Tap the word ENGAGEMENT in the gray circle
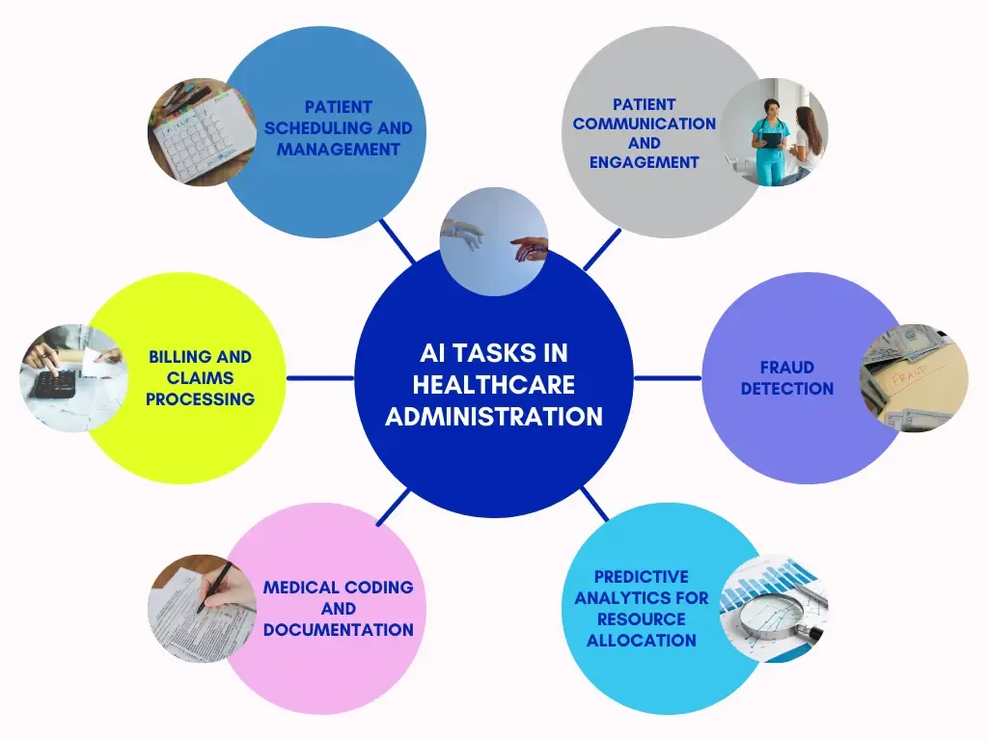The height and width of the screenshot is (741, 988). coord(644,162)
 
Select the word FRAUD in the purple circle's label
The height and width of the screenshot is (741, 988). coord(787,368)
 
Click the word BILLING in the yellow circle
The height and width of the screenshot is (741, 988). coord(176,357)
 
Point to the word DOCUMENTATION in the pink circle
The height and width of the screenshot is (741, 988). coord(339,629)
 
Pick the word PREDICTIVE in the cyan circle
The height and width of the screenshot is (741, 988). coord(642,577)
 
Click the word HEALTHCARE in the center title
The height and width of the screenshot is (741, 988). coord(494,384)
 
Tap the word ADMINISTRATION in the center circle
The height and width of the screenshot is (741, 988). coord(494,417)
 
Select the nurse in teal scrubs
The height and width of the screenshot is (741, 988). coord(769,142)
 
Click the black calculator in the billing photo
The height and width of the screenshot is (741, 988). coord(55,384)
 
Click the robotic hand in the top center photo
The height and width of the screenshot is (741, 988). coord(464,233)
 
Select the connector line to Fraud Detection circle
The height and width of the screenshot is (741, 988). coord(668,378)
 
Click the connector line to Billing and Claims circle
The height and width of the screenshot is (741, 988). coord(320,378)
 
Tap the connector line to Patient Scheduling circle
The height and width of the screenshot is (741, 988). coord(398,240)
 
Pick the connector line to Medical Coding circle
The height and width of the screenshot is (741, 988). coord(394,508)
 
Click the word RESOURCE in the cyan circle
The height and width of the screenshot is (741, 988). coord(642,618)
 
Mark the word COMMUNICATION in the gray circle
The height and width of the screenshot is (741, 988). coord(644,123)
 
